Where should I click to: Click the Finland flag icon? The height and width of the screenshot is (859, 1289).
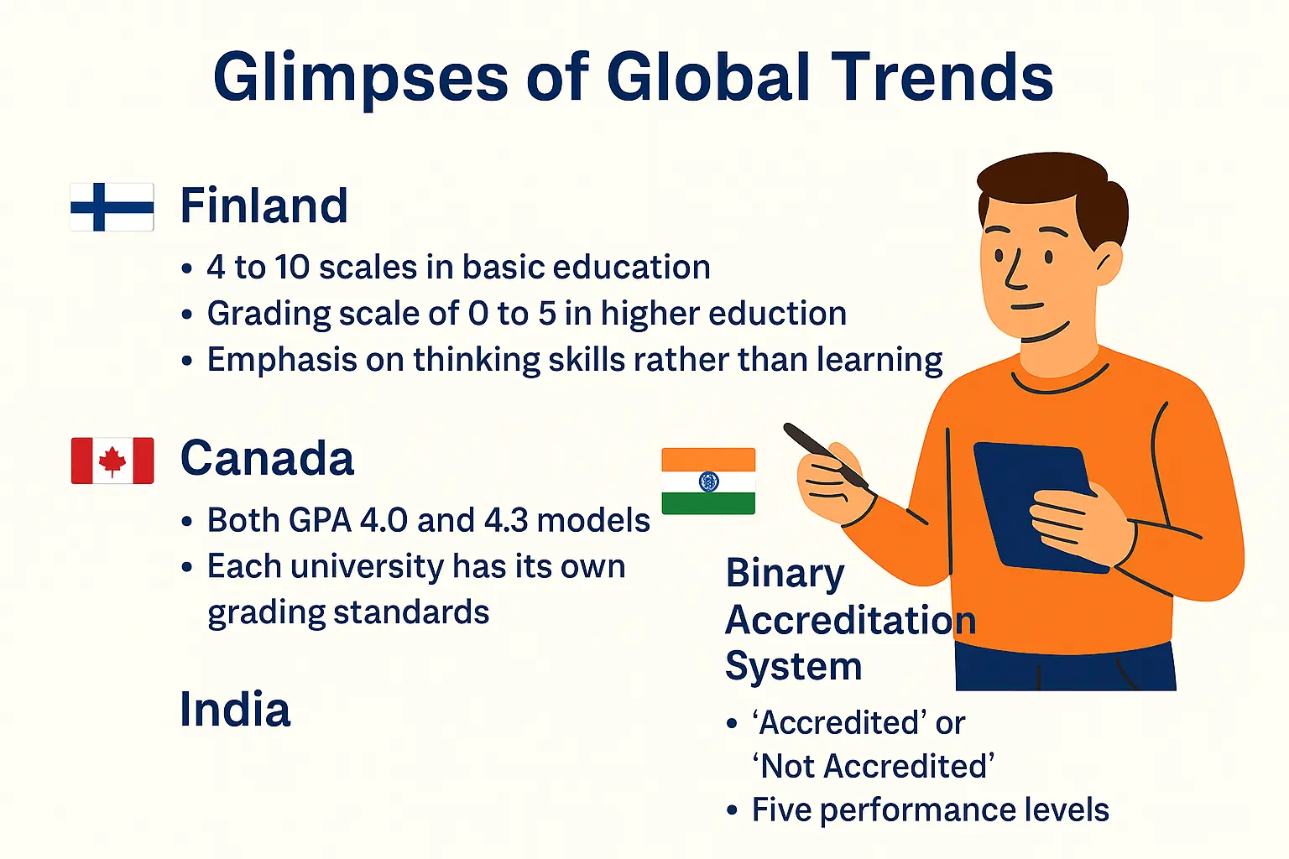pyautogui.click(x=112, y=206)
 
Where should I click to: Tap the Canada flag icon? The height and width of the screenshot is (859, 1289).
pyautogui.click(x=112, y=461)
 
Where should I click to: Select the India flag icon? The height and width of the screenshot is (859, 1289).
pyautogui.click(x=708, y=481)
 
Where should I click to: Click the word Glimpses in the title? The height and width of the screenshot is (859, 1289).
pyautogui.click(x=361, y=77)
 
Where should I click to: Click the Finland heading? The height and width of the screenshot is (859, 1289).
pyautogui.click(x=264, y=206)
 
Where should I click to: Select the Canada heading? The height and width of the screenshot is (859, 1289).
pyautogui.click(x=267, y=459)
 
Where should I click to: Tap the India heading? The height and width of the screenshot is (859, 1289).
pyautogui.click(x=235, y=710)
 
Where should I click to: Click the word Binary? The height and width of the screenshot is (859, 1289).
pyautogui.click(x=785, y=575)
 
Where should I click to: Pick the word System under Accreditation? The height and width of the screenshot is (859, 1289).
pyautogui.click(x=793, y=667)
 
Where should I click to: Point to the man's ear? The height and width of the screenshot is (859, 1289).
pyautogui.click(x=1109, y=264)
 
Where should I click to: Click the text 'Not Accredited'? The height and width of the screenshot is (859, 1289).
pyautogui.click(x=873, y=767)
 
